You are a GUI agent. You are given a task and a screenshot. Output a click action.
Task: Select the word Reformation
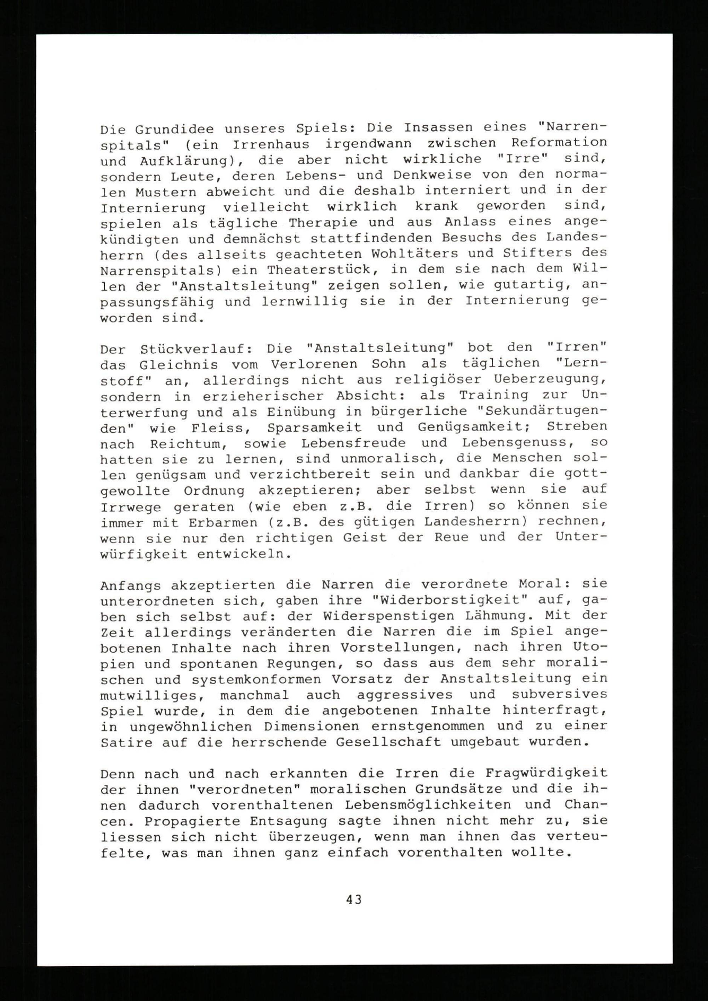(x=559, y=143)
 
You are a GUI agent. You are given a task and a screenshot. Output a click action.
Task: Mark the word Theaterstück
(x=322, y=270)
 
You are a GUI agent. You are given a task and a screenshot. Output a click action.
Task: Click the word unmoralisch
(x=384, y=459)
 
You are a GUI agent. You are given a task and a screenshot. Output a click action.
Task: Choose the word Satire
(x=126, y=743)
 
